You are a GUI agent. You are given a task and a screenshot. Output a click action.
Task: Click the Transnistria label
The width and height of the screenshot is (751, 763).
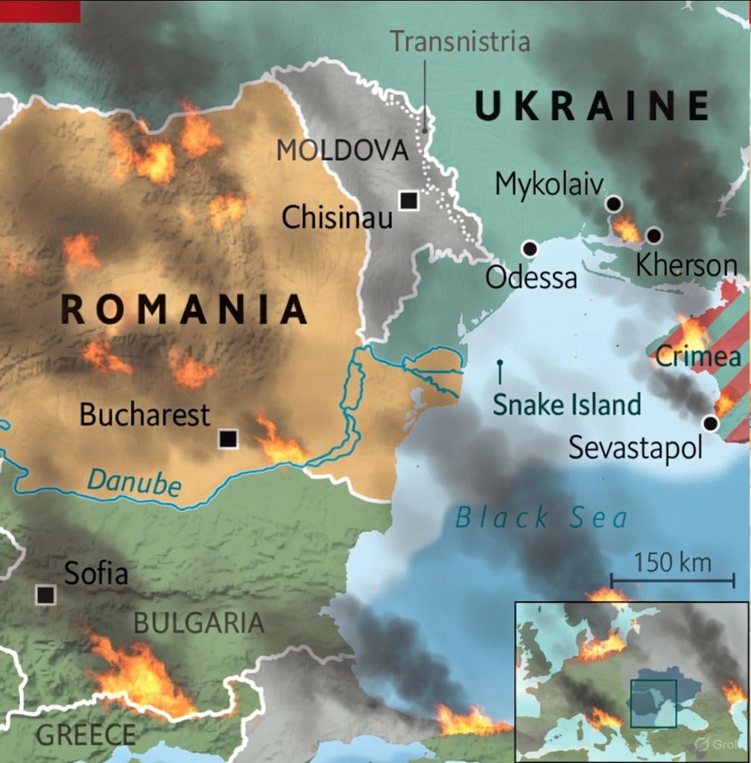pyautogui.click(x=460, y=42)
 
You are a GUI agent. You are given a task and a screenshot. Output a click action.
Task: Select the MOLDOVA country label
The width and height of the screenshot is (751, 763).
pyautogui.click(x=343, y=151)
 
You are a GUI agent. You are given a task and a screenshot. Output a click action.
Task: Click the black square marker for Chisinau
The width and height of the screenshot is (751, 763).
pyautogui.click(x=408, y=200)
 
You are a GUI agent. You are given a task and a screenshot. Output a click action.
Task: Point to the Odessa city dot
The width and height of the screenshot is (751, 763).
pyautogui.click(x=530, y=249)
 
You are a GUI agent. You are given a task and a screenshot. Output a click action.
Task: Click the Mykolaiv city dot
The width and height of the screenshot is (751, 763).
pyautogui.click(x=613, y=203)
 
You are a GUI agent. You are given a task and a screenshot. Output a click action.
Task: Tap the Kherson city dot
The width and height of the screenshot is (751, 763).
pyautogui.click(x=653, y=235)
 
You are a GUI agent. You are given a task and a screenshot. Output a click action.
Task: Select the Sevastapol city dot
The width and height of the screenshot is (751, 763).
pyautogui.click(x=710, y=423)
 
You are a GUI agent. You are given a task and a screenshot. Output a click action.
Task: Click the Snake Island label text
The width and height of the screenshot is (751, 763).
pyautogui.click(x=566, y=405)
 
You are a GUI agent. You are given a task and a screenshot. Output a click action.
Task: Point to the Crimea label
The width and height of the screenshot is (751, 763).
pyautogui.click(x=698, y=357)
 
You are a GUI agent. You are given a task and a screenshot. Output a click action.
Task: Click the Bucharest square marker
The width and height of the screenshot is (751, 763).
pyautogui.click(x=228, y=439)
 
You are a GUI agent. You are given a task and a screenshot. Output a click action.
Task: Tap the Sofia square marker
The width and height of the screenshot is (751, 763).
pyautogui.click(x=45, y=595)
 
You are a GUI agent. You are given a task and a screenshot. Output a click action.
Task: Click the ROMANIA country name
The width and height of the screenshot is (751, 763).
pyautogui.click(x=183, y=310)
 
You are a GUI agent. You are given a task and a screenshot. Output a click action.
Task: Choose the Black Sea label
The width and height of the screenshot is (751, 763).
pyautogui.click(x=542, y=518)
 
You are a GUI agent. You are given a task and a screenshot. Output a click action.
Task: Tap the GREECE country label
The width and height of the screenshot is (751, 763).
pyautogui.click(x=86, y=735)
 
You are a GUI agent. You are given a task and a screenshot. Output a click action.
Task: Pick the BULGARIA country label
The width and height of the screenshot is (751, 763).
pyautogui.click(x=198, y=623)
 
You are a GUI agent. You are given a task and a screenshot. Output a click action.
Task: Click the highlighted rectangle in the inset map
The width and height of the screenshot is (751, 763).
pyautogui.click(x=653, y=703)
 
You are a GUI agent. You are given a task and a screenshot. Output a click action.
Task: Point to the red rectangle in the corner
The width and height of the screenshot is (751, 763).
pyautogui.click(x=39, y=10)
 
